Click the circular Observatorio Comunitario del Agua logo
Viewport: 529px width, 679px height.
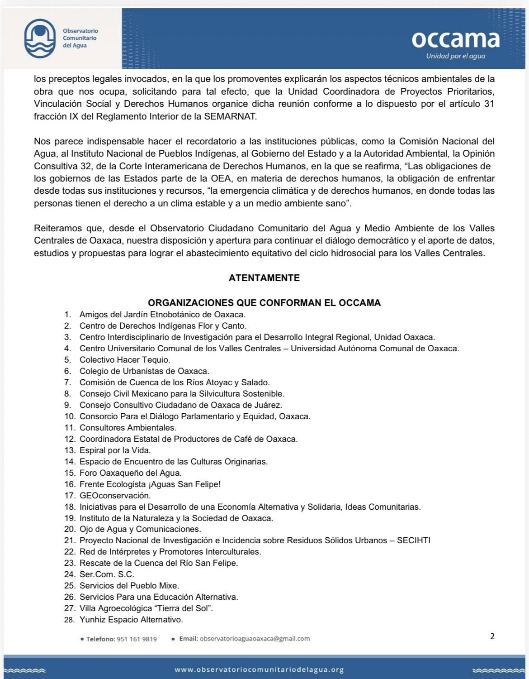(x=40, y=38)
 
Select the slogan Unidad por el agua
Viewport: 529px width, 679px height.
(x=455, y=56)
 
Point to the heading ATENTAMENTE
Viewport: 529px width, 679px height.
(x=264, y=278)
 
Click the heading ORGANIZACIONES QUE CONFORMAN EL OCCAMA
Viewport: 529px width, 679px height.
(x=264, y=303)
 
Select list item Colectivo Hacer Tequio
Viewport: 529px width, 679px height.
(x=125, y=360)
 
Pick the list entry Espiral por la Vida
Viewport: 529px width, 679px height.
(x=115, y=450)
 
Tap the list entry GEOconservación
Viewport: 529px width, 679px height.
(x=115, y=496)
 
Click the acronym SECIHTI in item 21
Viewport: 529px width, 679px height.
(x=413, y=540)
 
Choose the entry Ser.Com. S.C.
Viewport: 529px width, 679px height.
(x=107, y=574)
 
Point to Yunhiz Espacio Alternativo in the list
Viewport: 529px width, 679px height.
(x=131, y=620)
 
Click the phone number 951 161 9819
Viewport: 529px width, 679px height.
(x=137, y=639)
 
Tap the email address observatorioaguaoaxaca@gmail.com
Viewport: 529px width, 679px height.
(x=255, y=639)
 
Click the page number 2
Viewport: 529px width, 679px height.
(x=492, y=636)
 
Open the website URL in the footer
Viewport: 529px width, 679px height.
(x=259, y=669)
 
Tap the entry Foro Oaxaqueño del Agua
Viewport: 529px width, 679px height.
(x=130, y=473)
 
